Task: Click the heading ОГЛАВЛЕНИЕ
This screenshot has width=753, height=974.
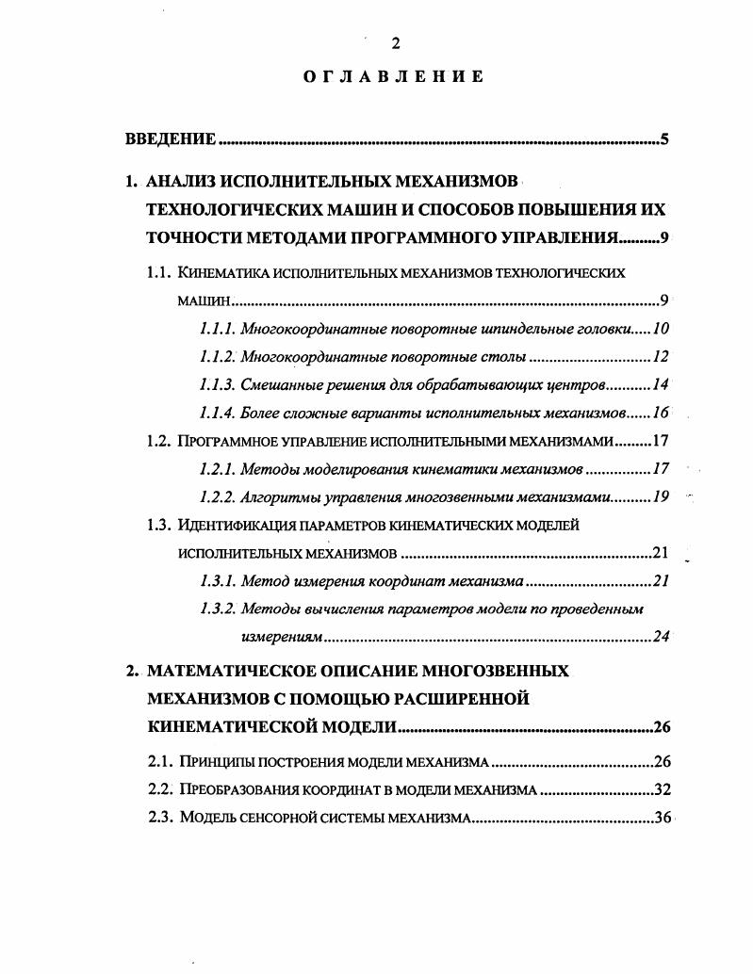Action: [395, 77]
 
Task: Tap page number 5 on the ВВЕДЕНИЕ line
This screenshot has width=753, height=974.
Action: [664, 140]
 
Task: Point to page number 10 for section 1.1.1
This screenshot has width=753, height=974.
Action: [660, 330]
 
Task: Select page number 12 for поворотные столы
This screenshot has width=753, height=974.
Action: [660, 357]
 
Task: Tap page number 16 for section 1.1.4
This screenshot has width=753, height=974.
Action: [660, 413]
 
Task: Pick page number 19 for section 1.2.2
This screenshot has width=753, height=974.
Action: [660, 496]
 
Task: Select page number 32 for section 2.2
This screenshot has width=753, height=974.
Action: [660, 789]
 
